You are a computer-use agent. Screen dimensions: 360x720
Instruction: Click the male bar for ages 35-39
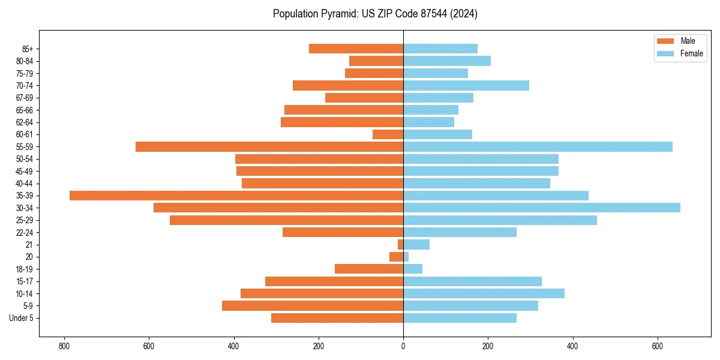tap(236, 196)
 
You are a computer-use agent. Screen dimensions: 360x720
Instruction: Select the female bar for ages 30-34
tap(541, 208)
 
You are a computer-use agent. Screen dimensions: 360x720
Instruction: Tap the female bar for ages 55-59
tap(538, 146)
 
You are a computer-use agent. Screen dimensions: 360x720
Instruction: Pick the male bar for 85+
tap(356, 49)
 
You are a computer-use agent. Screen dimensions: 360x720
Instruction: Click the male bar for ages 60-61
tap(388, 134)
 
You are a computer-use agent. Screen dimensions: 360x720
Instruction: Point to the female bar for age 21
tap(416, 244)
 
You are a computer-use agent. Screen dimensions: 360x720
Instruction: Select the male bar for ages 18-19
tap(369, 269)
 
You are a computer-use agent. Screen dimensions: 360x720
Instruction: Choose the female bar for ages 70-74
tap(466, 85)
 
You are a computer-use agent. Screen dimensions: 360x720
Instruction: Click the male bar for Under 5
tap(337, 318)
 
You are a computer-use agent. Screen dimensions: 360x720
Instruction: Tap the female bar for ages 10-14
tap(484, 293)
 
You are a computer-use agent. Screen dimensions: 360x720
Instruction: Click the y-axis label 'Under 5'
tap(21, 318)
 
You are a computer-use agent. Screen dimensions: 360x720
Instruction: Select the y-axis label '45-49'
tap(24, 171)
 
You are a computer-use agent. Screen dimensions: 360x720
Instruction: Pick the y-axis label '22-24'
tap(24, 232)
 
